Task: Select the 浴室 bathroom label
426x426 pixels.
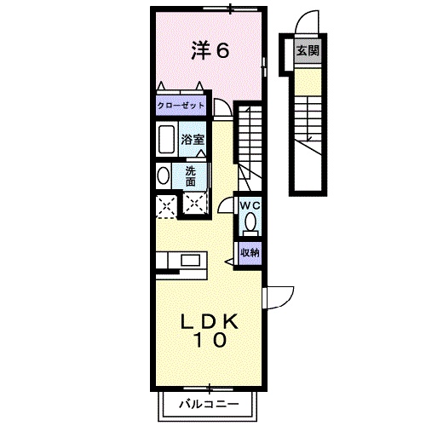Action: click(191, 138)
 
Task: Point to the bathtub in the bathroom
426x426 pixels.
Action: click(166, 139)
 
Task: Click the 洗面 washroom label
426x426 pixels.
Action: click(191, 176)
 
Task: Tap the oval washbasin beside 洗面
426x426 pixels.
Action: click(163, 176)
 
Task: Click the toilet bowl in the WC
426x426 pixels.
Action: click(250, 223)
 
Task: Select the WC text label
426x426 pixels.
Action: click(249, 205)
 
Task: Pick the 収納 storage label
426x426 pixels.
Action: click(249, 252)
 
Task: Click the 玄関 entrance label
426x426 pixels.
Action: click(308, 50)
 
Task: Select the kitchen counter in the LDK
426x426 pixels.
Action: click(181, 260)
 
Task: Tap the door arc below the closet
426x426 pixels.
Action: click(222, 108)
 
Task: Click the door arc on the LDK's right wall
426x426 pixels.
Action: click(279, 295)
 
